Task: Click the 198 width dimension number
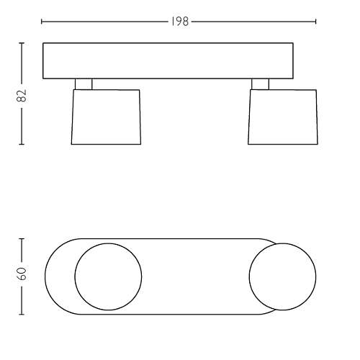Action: pos(180,22)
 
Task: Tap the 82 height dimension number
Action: pos(22,96)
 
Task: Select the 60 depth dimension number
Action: pos(22,274)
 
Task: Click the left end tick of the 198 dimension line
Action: pos(42,22)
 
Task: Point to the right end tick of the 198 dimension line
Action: pos(315,22)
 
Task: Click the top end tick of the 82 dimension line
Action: pos(22,43)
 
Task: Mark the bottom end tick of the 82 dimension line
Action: pos(22,144)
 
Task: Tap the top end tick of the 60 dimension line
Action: pos(22,239)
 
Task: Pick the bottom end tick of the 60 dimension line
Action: pos(22,314)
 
